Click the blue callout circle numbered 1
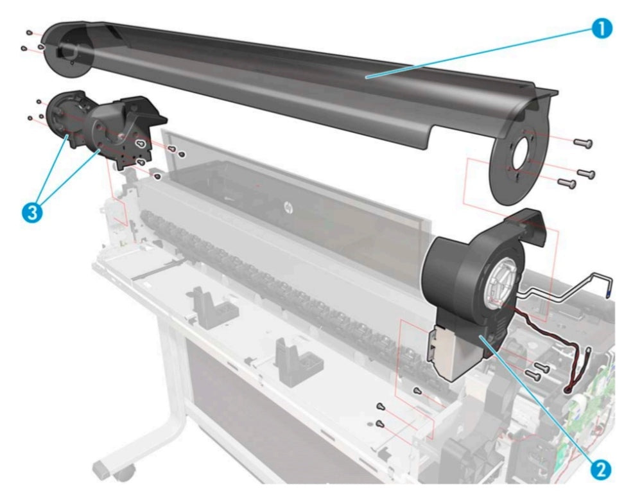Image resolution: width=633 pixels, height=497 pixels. [x=601, y=29]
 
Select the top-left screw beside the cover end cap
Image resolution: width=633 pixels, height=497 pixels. [x=30, y=32]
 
